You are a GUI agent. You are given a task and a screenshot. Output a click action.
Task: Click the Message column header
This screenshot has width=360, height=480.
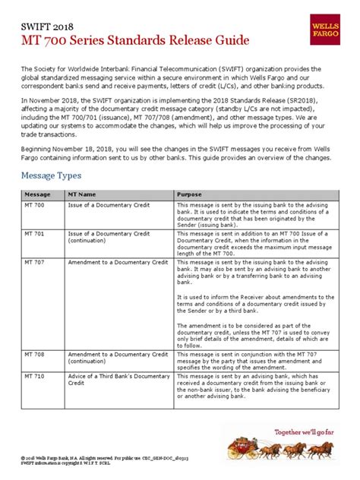[x=36, y=194]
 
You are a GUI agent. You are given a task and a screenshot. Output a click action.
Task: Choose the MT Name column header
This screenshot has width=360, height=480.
[x=84, y=194]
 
